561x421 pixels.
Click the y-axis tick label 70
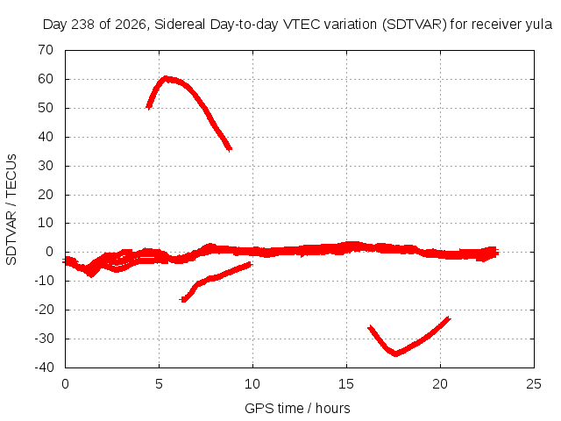46,50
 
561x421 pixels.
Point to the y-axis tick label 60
46,79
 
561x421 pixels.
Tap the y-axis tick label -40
44,367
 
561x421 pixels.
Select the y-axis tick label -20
44,310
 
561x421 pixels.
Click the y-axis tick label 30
46,166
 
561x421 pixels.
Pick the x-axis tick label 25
534,384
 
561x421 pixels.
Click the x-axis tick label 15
346,384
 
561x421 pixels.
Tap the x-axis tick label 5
159,384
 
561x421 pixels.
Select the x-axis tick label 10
252,384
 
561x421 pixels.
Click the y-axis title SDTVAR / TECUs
11,210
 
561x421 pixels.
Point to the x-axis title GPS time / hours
297,408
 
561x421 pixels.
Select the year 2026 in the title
131,25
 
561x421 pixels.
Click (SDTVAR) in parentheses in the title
415,25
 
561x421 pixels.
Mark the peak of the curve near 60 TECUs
166,78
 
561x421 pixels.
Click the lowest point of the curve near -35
395,353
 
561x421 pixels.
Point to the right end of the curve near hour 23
497,253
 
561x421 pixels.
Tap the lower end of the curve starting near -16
183,299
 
